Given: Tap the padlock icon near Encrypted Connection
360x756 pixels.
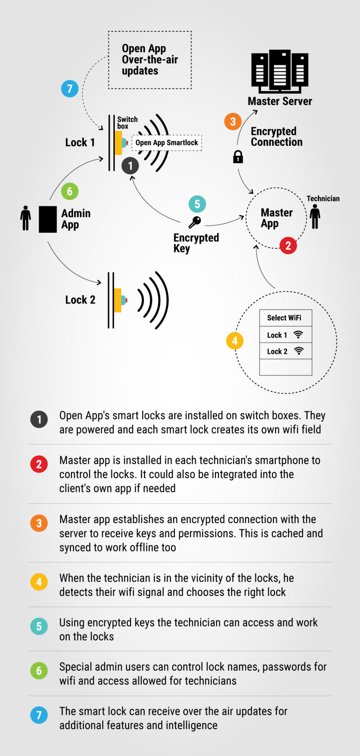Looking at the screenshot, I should pos(238,157).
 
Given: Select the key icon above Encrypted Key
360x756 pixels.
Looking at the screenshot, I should pos(195,222).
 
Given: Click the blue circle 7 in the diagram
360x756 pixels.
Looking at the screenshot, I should pos(70,89).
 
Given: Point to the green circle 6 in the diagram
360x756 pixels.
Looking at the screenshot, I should pos(70,191).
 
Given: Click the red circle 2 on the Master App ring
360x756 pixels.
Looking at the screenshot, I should pos(288,245).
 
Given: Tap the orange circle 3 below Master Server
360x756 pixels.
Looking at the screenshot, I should pos(233,121).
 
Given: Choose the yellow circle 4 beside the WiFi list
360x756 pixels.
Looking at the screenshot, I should pos(235,341).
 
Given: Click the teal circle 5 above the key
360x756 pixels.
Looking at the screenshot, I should pos(197,204).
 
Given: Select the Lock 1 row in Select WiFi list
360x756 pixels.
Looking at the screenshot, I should pos(285,335).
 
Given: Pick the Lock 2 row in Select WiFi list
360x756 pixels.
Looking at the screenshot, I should pos(285,351).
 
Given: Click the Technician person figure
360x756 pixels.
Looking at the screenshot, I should pos(315,217).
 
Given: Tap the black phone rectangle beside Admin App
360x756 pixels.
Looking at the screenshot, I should pos(48,219).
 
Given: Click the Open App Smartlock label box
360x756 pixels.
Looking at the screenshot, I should pos(167,143).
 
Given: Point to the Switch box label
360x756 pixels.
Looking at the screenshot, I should pos(127,123).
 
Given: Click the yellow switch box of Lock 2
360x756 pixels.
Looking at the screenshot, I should pos(118,300).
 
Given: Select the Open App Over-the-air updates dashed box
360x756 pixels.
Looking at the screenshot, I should pos(150,60).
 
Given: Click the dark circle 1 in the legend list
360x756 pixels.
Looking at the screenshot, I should pos(39,419).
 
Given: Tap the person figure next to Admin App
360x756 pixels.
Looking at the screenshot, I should pos(25,218).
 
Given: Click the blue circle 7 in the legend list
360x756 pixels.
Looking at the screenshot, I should pos(39,715).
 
